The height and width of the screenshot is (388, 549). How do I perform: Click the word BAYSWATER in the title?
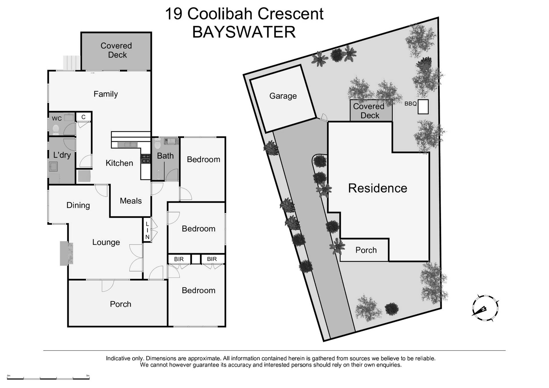[x=244, y=32]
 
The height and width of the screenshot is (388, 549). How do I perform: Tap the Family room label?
[x=106, y=94]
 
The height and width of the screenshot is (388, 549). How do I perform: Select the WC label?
[x=57, y=119]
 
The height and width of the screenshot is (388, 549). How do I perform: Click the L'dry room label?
[x=62, y=155]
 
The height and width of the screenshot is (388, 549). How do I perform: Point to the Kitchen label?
[x=119, y=163]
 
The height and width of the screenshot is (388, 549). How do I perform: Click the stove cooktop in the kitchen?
[x=146, y=159]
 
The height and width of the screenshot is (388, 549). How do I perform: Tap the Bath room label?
[x=165, y=156]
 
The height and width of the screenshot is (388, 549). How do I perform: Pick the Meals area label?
[x=131, y=201]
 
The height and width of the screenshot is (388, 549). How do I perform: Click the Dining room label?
[x=78, y=205]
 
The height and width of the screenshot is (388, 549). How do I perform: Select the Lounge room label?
[x=106, y=242]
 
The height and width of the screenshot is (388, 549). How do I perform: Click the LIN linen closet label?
[x=147, y=231]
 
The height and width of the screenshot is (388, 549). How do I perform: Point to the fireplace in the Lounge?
[x=66, y=253]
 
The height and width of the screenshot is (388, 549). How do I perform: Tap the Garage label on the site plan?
[x=283, y=96]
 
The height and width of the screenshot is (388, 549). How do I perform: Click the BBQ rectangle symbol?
[x=423, y=107]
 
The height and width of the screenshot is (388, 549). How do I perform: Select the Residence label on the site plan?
[x=377, y=188]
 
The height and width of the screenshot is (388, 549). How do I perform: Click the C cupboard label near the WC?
[x=83, y=117]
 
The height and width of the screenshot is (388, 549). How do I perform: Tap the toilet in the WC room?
[x=56, y=130]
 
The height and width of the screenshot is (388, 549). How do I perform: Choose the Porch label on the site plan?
[x=366, y=250]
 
